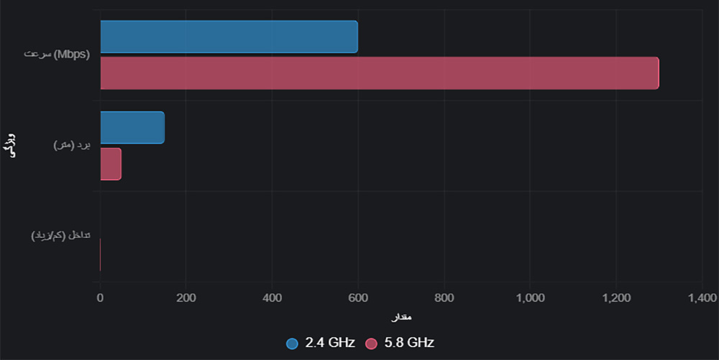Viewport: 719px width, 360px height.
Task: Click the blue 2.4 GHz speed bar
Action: tap(229, 37)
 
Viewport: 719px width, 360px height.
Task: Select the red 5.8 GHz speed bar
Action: tap(379, 73)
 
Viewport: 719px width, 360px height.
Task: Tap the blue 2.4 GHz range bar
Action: tap(132, 127)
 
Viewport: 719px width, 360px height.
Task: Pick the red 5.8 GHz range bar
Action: tap(111, 164)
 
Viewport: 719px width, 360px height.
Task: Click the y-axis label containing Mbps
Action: tap(57, 55)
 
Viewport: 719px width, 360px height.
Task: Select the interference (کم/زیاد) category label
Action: tap(60, 236)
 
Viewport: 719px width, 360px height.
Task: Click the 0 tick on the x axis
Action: tap(100, 297)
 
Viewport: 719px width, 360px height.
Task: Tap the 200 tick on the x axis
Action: tap(186, 297)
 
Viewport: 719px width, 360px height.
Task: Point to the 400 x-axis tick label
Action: tap(272, 297)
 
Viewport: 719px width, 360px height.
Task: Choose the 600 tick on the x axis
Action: tap(358, 297)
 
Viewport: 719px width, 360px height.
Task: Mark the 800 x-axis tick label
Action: tap(444, 297)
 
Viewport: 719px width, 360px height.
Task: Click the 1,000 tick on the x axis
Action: tap(530, 297)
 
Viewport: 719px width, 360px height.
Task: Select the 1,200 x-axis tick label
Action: tap(616, 297)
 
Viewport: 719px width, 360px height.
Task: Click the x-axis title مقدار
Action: tap(401, 317)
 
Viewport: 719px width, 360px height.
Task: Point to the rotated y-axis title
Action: tap(12, 145)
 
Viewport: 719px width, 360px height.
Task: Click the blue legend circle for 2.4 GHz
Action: tap(292, 343)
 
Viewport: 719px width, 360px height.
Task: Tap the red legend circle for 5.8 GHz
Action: tap(371, 343)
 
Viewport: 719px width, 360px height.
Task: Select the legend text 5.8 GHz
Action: tap(408, 343)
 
